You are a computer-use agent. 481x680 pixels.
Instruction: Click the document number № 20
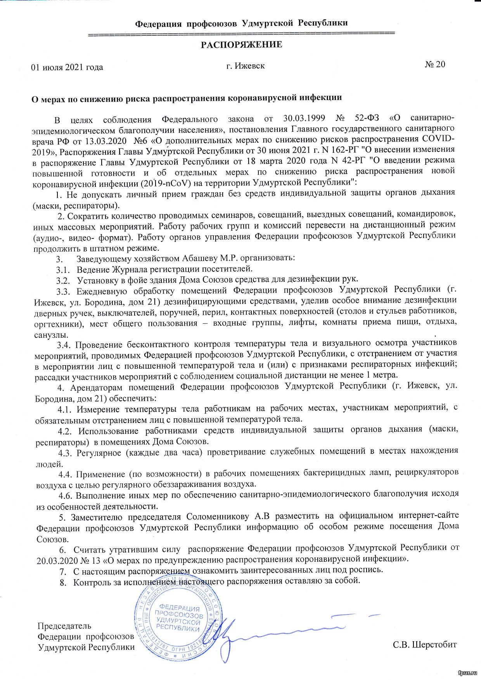[x=435, y=64]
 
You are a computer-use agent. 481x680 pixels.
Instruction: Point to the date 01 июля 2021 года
[x=67, y=67]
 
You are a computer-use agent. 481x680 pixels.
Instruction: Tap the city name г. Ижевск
[x=246, y=66]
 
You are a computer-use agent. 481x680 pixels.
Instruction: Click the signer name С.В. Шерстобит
[x=424, y=645]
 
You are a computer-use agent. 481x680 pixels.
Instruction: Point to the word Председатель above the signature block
[x=64, y=626]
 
